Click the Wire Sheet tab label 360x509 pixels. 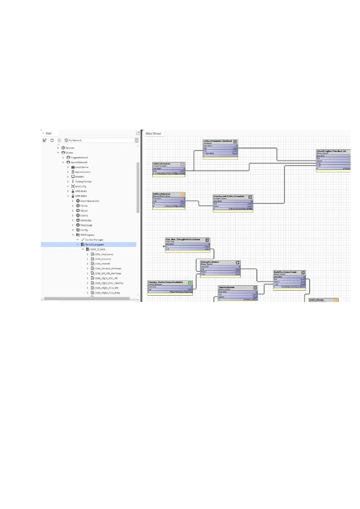coord(153,134)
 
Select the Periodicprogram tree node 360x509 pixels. coord(94,245)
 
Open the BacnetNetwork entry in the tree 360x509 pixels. coord(79,162)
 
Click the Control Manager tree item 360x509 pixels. coord(94,240)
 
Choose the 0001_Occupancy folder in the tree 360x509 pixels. coord(104,254)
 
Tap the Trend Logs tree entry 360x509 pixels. coord(86,225)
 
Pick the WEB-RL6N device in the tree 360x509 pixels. coord(81,191)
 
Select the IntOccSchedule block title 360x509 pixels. coord(162,164)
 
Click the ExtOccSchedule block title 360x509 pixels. coord(162,194)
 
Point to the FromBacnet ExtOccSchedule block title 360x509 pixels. coord(229,196)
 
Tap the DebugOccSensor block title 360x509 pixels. coord(210,262)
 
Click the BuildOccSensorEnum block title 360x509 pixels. coord(285,272)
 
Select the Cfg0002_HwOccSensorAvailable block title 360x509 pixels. coord(165,282)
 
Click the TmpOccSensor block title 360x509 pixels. coord(226,287)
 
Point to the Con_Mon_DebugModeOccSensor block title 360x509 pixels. coord(183,239)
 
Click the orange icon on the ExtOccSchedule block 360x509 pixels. coord(182,195)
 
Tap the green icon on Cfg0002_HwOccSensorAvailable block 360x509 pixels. coord(190,283)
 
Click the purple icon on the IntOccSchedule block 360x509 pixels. coord(182,165)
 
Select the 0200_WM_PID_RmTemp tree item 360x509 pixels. coord(108,274)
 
